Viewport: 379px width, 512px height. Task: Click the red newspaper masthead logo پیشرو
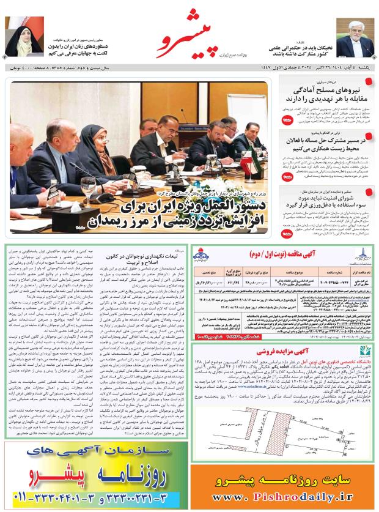point(183,42)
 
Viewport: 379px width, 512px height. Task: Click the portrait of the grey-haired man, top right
point(355,37)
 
